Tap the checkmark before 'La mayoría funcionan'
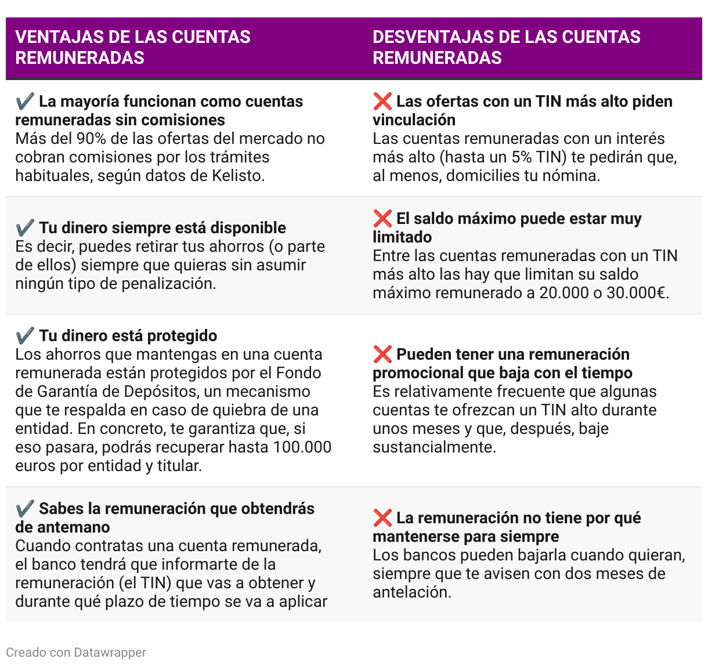pyautogui.click(x=25, y=102)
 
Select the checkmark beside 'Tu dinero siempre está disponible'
pyautogui.click(x=25, y=228)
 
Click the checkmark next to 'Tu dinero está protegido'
pyautogui.click(x=25, y=336)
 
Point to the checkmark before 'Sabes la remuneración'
pyautogui.click(x=25, y=509)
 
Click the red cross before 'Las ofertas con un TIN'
pyautogui.click(x=382, y=102)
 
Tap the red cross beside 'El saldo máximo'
pyautogui.click(x=382, y=219)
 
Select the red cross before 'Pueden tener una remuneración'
pyautogui.click(x=382, y=354)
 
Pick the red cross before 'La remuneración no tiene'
pyautogui.click(x=382, y=518)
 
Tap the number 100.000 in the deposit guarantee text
pyautogui.click(x=302, y=447)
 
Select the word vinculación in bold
pyautogui.click(x=414, y=120)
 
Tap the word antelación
pyautogui.click(x=411, y=592)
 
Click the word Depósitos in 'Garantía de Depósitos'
pyautogui.click(x=137, y=392)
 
